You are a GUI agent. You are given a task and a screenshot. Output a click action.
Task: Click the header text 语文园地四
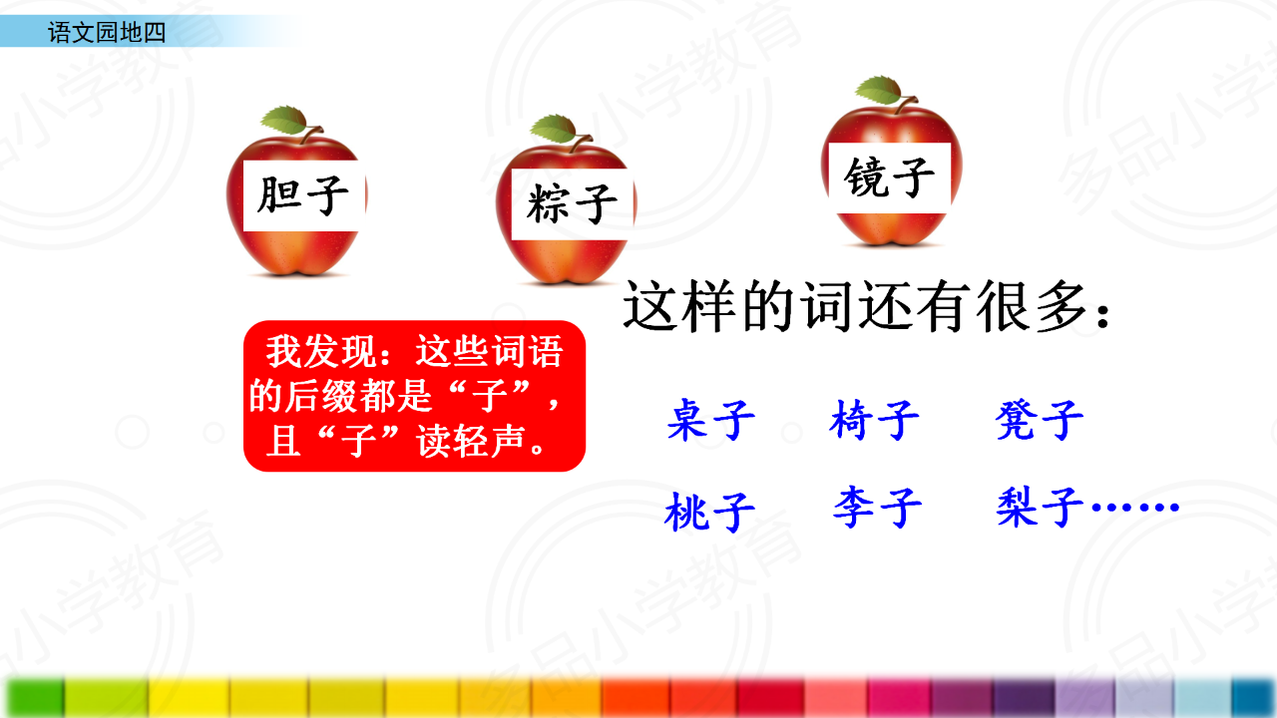tap(107, 33)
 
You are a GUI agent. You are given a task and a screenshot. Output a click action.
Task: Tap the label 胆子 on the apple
tap(302, 195)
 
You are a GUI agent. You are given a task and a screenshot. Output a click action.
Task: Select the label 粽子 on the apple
tap(572, 203)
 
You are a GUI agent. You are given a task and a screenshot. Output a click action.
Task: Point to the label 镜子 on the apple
tap(889, 178)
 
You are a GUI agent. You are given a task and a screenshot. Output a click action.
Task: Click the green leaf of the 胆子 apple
tap(285, 119)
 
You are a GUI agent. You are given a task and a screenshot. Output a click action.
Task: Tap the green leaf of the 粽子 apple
tap(554, 129)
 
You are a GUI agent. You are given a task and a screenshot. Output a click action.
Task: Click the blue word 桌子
tap(711, 420)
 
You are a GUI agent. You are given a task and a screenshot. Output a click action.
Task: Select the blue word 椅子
tap(875, 420)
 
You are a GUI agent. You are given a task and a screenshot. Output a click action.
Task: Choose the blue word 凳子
tap(1040, 420)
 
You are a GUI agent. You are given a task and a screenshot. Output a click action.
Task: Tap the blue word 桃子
tap(710, 512)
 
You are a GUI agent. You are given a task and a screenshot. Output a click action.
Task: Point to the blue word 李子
tap(877, 507)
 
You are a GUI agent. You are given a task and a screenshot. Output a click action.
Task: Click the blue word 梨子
tap(1040, 507)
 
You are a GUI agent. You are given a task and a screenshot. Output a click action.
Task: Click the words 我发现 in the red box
tap(321, 351)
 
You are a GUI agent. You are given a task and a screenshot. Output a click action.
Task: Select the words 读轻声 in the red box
tap(470, 441)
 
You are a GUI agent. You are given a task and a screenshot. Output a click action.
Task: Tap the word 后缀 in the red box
tap(321, 396)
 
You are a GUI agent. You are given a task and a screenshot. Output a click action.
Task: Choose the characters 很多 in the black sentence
tap(1033, 306)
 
